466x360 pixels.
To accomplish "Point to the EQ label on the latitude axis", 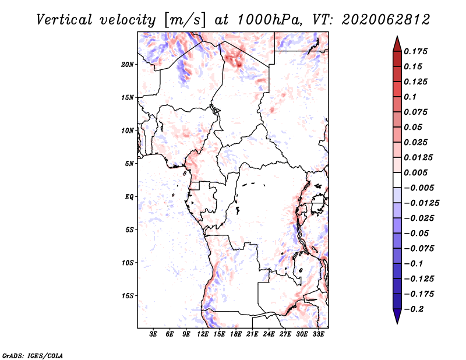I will pos(129,197).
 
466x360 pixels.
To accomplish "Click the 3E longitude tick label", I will pos(154,334).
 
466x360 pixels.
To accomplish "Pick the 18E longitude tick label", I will pos(236,334).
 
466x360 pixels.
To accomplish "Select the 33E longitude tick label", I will pos(318,334).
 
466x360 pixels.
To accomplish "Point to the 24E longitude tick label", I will pos(269,334).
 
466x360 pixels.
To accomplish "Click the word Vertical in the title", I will pos(63,19).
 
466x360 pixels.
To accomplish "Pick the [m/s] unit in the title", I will pos(185,20).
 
